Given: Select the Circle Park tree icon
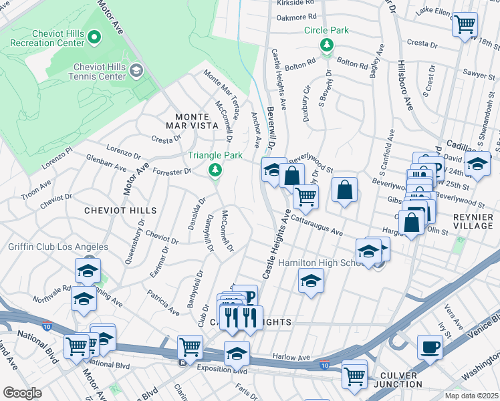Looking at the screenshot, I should (327, 45).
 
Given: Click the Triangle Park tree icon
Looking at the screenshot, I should (215, 170).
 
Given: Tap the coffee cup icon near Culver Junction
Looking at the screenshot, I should (430, 347).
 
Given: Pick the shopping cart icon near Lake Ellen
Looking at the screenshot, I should (465, 25).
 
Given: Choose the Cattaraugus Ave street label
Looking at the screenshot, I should (316, 224).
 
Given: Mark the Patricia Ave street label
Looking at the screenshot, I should (164, 303).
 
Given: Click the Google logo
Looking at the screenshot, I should (22, 392).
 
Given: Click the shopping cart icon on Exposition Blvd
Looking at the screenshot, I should (191, 348).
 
